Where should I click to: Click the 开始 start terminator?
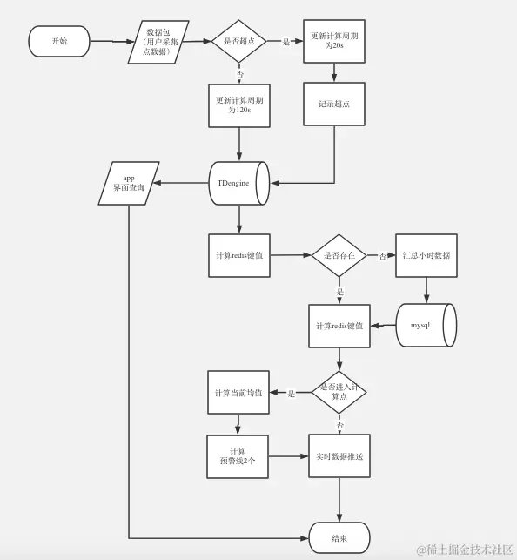(59, 41)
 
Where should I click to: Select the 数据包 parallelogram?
(158, 42)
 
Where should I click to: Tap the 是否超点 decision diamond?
(238, 41)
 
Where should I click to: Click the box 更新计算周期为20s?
(334, 41)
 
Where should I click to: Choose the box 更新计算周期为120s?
(239, 105)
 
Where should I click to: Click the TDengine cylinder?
(238, 183)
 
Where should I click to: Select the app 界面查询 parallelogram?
(129, 183)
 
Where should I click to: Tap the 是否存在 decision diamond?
(339, 255)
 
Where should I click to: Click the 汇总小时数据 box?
(426, 255)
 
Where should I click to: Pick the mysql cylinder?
(426, 325)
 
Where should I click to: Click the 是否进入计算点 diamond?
(339, 392)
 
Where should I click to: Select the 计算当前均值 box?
(238, 393)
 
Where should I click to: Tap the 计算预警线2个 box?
(238, 456)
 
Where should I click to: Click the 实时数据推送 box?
(339, 455)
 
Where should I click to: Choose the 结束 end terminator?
(339, 537)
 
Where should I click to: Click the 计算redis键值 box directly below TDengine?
(239, 255)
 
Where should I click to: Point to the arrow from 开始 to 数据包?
(112, 41)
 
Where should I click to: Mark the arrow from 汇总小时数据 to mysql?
(426, 290)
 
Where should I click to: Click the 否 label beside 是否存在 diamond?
(382, 255)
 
